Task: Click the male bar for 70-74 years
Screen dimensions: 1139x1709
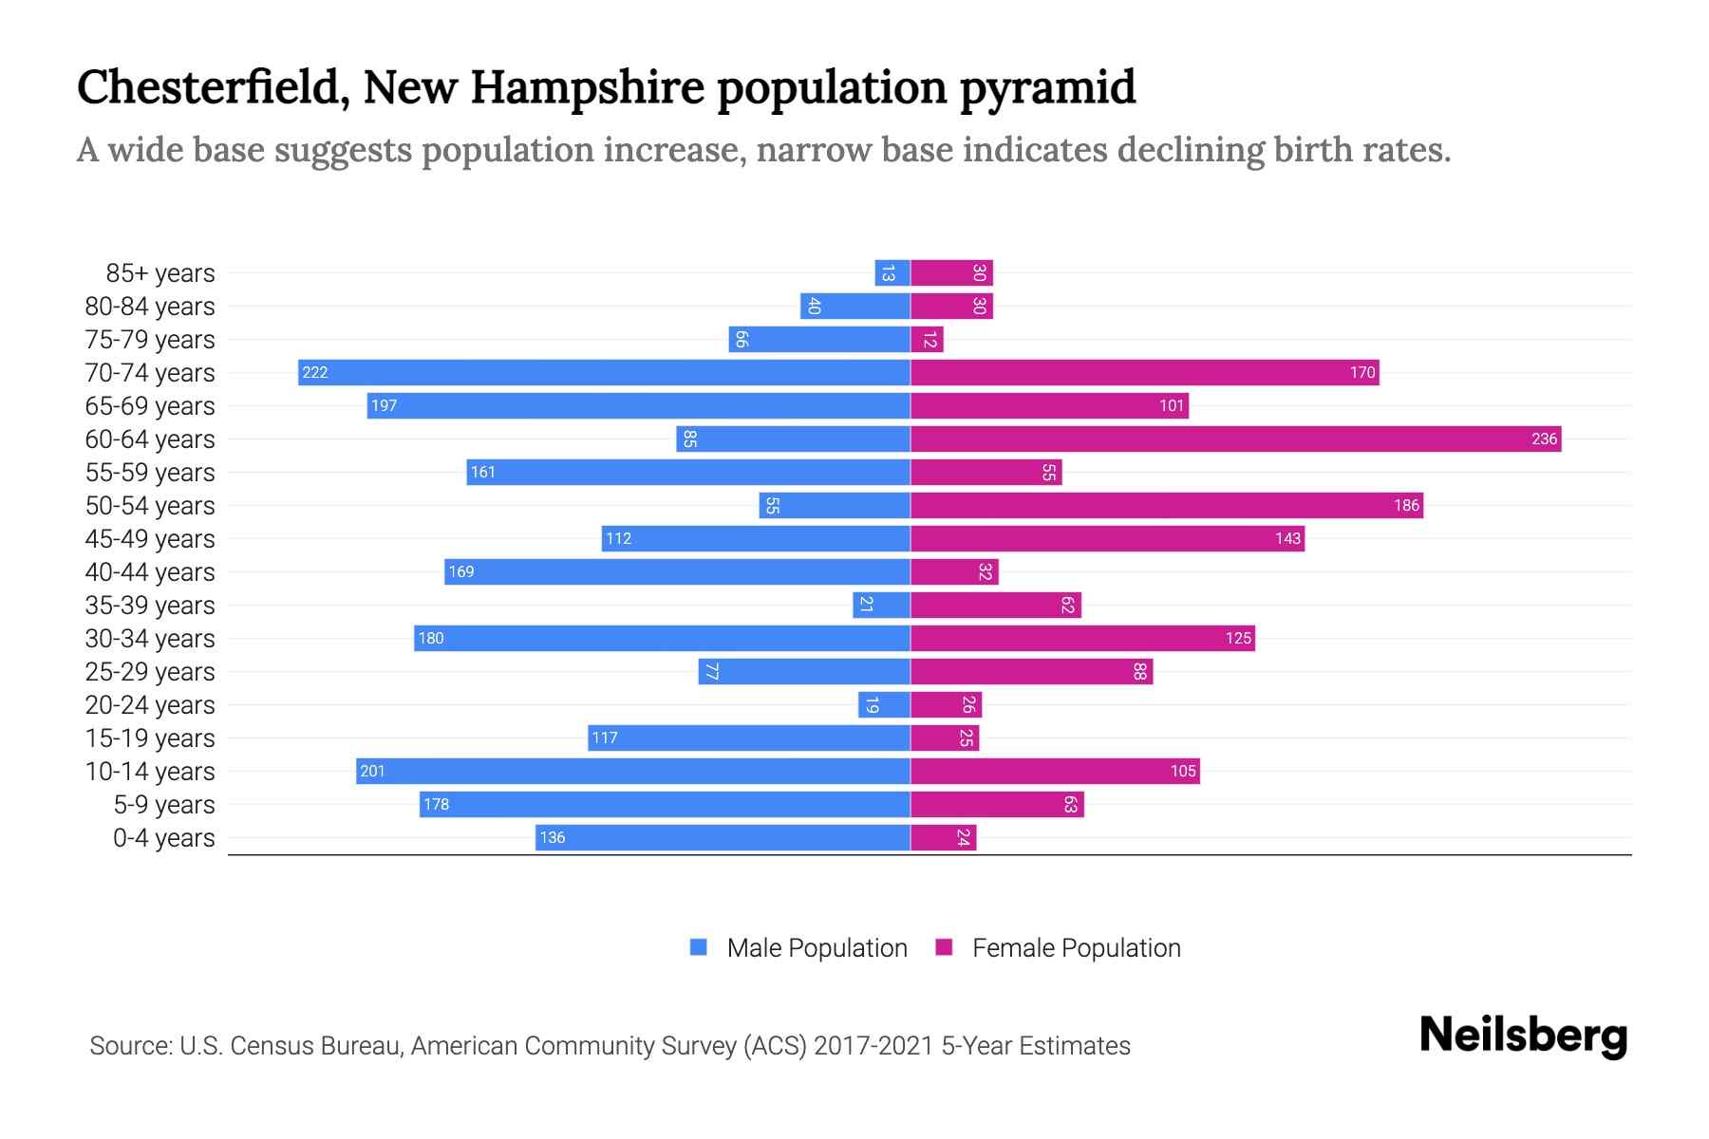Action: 604,372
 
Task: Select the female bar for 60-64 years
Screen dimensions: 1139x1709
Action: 1235,439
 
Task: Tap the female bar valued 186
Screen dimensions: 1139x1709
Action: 1166,505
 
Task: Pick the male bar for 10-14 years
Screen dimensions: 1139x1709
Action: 633,771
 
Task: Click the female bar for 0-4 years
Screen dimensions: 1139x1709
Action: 944,837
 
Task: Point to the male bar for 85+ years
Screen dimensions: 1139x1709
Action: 892,273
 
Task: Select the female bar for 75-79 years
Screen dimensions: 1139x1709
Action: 928,340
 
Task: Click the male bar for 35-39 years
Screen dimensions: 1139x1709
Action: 881,605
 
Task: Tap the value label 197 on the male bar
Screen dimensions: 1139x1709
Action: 384,406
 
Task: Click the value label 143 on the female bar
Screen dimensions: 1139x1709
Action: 1287,539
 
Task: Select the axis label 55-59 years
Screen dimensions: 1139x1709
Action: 150,473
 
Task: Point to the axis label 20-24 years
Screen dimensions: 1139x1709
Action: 150,705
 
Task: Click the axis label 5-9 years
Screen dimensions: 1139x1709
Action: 163,805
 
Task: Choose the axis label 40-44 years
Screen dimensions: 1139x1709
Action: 150,572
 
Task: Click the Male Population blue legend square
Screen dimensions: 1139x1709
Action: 699,947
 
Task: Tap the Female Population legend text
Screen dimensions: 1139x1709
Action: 1076,948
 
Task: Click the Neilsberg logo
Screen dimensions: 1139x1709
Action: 1523,1036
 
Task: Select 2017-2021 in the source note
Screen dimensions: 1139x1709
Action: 873,1046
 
